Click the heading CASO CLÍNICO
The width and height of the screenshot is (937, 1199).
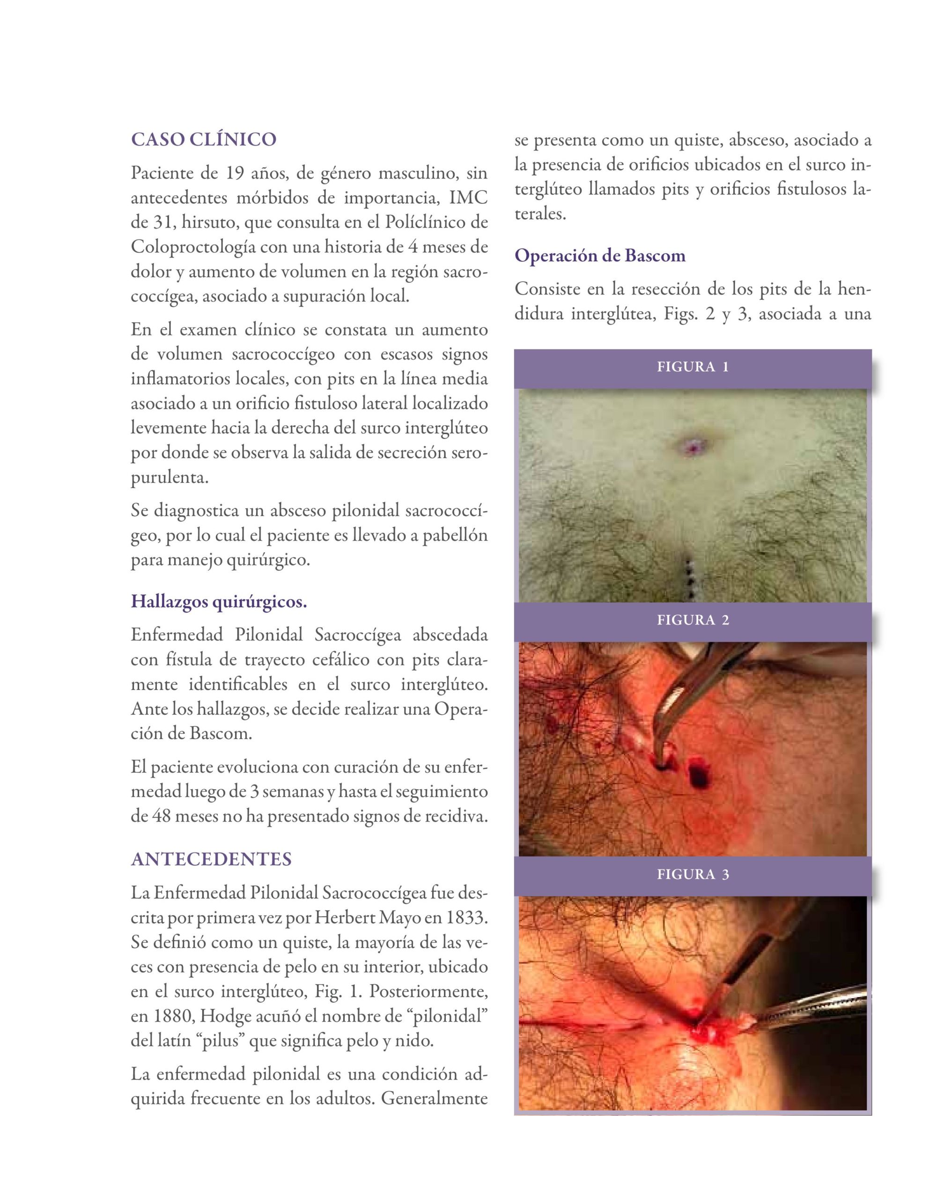(203, 140)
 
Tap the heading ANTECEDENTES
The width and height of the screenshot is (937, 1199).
(211, 859)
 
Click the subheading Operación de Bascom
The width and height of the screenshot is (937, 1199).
(600, 256)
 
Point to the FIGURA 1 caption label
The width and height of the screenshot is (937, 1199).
(693, 367)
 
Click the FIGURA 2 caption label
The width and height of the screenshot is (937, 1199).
(693, 621)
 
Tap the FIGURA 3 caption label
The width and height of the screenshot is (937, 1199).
(693, 874)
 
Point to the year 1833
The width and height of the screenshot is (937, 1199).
(469, 918)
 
